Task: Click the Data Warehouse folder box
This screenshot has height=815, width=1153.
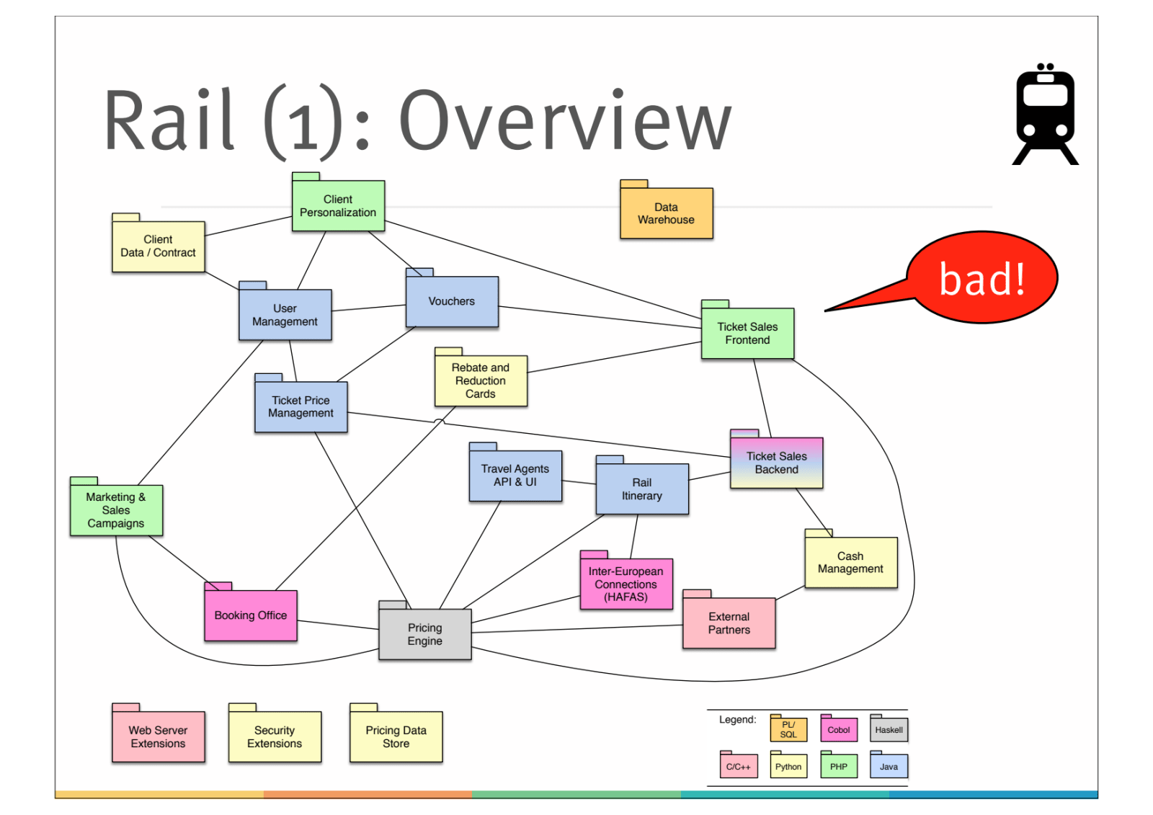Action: click(666, 213)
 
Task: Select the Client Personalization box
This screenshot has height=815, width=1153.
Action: click(338, 206)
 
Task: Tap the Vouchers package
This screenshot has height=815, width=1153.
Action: click(452, 301)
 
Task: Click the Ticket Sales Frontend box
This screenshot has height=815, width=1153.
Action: click(747, 334)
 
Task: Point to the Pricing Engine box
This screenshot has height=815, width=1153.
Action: click(425, 634)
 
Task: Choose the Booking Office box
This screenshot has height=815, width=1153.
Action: click(251, 615)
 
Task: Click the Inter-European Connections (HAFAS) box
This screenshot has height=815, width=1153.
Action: click(626, 584)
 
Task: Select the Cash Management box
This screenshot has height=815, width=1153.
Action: click(850, 562)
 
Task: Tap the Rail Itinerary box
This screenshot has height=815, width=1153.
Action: click(642, 489)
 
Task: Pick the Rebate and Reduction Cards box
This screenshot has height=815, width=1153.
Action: click(481, 380)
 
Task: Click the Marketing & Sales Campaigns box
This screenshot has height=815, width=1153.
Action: click(116, 510)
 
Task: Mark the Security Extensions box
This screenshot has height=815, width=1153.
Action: click(275, 736)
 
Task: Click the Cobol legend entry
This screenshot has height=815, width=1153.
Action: click(839, 730)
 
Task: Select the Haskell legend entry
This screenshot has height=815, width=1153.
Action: click(889, 730)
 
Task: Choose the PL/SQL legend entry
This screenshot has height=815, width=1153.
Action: click(788, 730)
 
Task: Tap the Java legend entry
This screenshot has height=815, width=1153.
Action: click(889, 766)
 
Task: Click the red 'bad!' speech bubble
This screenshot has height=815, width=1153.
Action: click(981, 278)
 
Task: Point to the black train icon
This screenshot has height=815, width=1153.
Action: click(1045, 115)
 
